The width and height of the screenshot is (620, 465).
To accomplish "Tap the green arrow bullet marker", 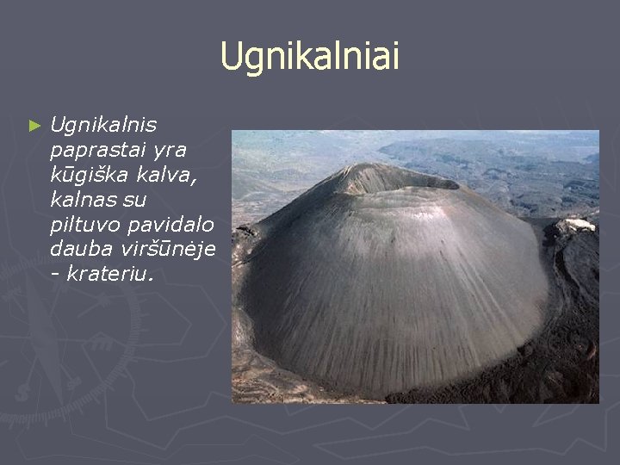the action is pyautogui.click(x=34, y=126).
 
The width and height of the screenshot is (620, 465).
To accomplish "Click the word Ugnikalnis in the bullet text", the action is pyautogui.click(x=103, y=126).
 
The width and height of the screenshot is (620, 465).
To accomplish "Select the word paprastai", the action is pyautogui.click(x=96, y=151).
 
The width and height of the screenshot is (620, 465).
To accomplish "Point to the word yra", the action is pyautogui.click(x=170, y=151).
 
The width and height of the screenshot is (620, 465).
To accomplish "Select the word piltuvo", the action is pyautogui.click(x=85, y=225).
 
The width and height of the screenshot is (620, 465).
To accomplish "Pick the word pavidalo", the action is pyautogui.click(x=170, y=225).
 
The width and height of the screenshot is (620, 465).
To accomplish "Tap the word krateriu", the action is pyautogui.click(x=109, y=273).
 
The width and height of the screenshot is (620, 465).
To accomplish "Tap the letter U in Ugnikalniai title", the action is pyautogui.click(x=230, y=56).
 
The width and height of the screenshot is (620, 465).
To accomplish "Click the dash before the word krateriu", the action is pyautogui.click(x=56, y=274).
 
